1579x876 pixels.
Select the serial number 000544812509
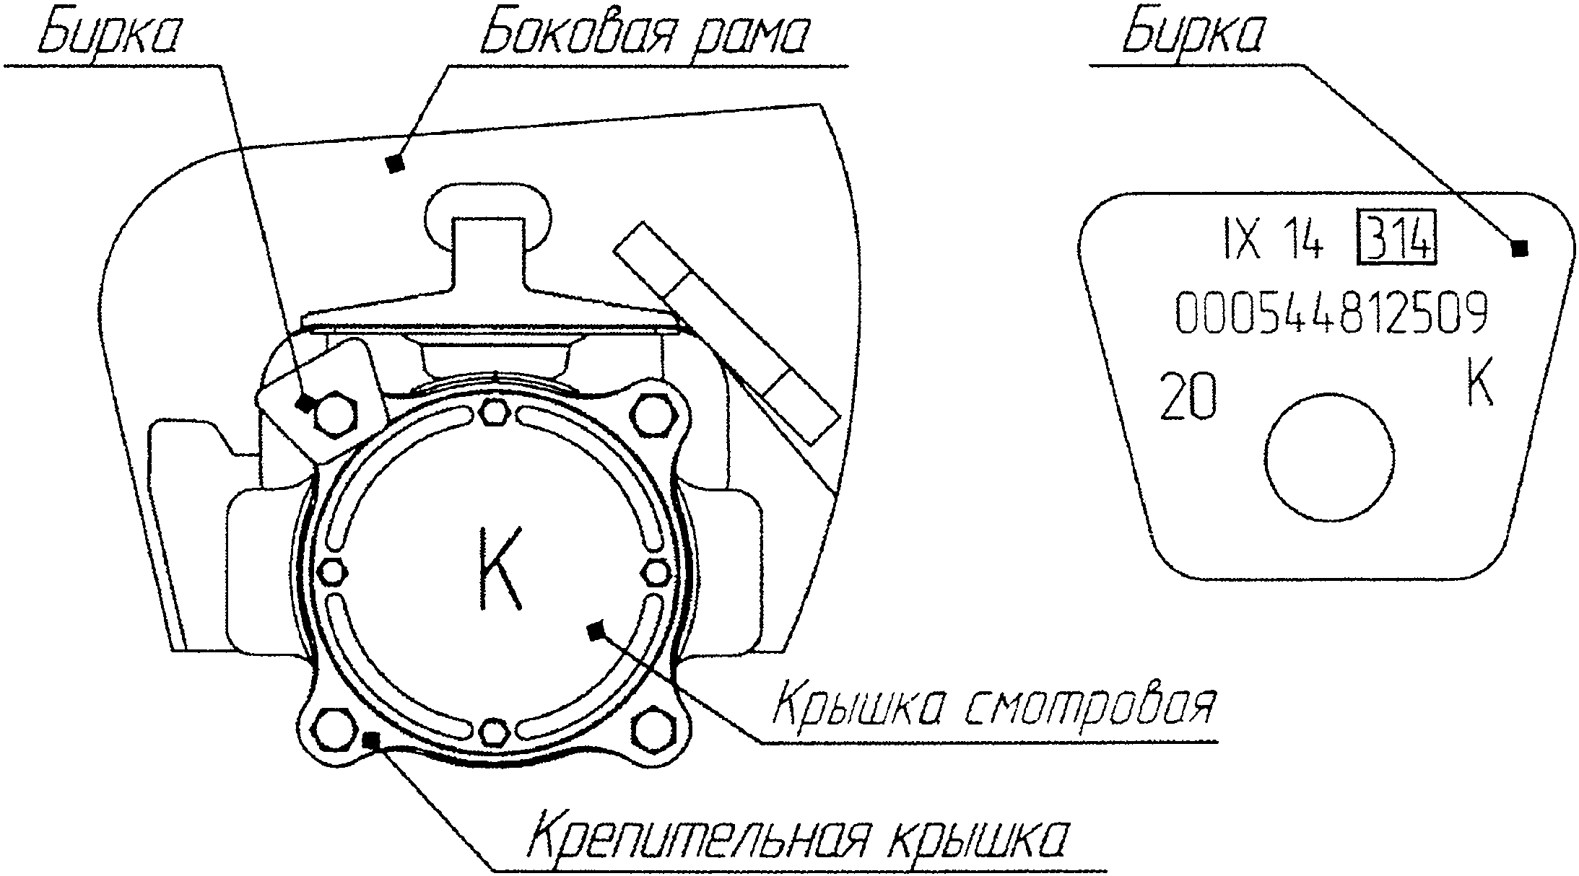[1331, 313]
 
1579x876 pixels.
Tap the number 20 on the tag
[1188, 398]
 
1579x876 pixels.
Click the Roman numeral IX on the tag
[1242, 244]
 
